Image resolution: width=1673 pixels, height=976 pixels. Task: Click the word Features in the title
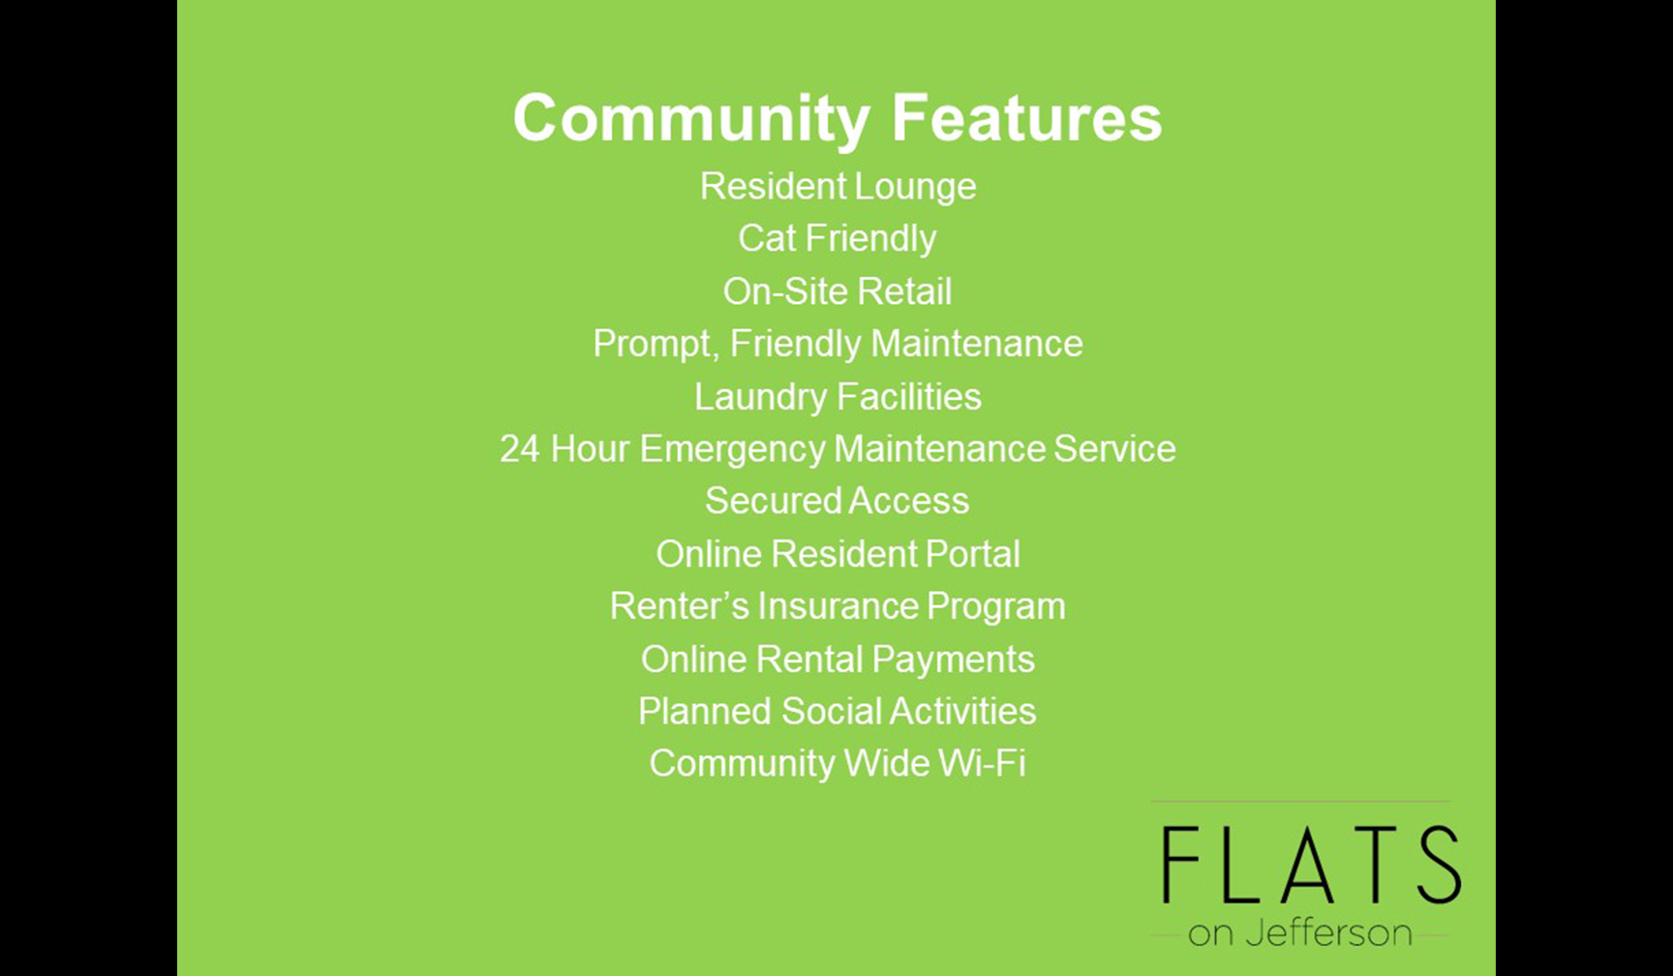click(1026, 117)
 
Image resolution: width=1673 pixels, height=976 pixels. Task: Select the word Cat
click(767, 238)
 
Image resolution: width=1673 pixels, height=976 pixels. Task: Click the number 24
click(520, 449)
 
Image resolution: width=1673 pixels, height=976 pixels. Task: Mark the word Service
click(1114, 449)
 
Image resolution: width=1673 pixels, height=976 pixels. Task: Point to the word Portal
click(973, 554)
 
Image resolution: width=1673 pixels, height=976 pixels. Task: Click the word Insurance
click(838, 606)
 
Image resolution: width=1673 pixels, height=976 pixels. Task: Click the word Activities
click(963, 712)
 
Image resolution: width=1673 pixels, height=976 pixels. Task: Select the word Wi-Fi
click(983, 764)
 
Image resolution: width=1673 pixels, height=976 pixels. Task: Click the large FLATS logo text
click(1311, 865)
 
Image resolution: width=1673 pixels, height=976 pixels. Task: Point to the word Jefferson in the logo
click(1328, 933)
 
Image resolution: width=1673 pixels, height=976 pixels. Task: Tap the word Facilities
click(909, 397)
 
